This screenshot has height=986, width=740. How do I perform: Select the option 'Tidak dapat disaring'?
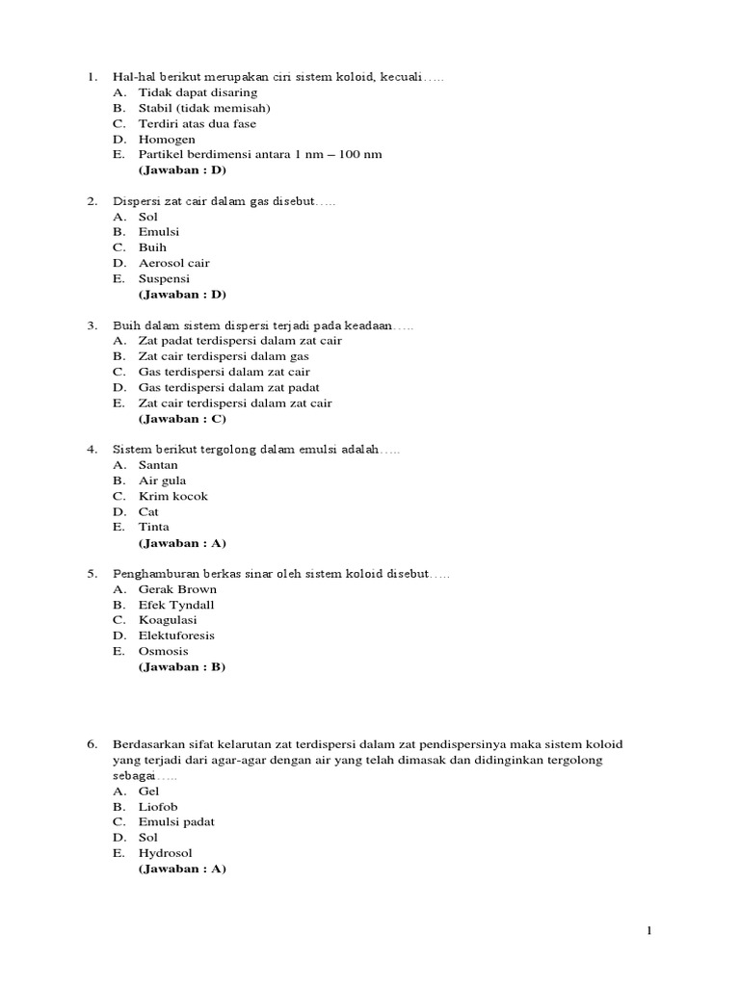coord(198,92)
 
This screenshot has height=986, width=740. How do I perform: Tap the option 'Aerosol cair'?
coord(173,263)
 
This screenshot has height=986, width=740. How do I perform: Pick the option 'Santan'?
coord(158,465)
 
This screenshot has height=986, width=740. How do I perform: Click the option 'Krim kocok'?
coord(172,496)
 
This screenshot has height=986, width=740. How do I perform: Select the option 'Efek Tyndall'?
coord(176,605)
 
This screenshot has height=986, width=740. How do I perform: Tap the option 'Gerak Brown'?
coord(177,589)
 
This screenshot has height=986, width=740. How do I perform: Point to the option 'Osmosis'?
coord(163,651)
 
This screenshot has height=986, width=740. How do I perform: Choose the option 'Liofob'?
coord(158,806)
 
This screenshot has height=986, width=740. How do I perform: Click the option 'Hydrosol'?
coord(166,852)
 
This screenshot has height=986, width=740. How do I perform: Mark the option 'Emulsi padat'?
coord(176,821)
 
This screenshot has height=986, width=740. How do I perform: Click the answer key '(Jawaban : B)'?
coord(182,666)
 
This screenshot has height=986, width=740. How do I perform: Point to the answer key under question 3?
coord(182,419)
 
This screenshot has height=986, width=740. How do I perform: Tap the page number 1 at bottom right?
coord(650,930)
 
